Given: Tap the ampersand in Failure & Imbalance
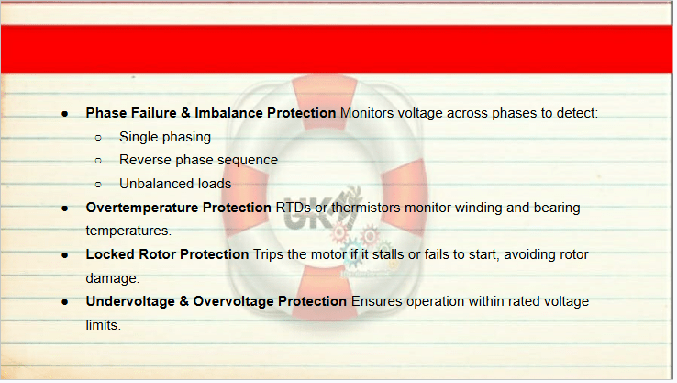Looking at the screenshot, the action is pyautogui.click(x=185, y=113).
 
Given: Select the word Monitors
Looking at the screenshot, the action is pyautogui.click(x=367, y=113).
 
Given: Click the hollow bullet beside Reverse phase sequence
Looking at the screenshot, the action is pyautogui.click(x=98, y=161).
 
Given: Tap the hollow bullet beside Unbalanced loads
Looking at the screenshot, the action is pyautogui.click(x=98, y=185).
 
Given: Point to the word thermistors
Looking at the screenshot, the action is pyautogui.click(x=366, y=208).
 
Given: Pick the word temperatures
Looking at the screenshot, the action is pyautogui.click(x=128, y=231).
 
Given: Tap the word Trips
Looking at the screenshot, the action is pyautogui.click(x=268, y=254).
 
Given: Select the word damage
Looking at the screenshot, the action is pyautogui.click(x=112, y=278).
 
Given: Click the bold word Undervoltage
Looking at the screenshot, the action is pyautogui.click(x=130, y=301).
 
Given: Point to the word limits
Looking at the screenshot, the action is pyautogui.click(x=103, y=325).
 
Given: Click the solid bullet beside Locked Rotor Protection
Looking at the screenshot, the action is pyautogui.click(x=65, y=255).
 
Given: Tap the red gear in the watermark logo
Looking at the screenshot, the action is pyautogui.click(x=369, y=236).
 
